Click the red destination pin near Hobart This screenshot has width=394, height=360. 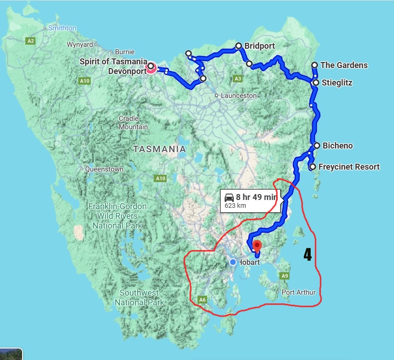[257, 245]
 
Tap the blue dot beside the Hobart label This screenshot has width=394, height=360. [233, 262]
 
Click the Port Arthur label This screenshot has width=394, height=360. [299, 292]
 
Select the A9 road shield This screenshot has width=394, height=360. [285, 275]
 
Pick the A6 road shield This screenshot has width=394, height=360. [202, 300]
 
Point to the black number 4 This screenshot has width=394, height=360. [307, 254]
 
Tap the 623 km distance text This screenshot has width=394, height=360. [235, 206]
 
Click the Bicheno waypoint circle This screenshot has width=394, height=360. [317, 146]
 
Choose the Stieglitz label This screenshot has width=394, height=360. [336, 83]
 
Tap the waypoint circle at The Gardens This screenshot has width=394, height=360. [314, 65]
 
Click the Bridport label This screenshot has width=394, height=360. [260, 46]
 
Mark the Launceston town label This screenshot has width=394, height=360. [238, 96]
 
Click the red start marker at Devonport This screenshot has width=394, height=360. [151, 68]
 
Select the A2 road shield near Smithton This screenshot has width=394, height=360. [30, 41]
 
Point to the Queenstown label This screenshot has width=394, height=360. [104, 169]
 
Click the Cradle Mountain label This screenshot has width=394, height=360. [133, 123]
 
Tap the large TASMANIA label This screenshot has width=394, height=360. [160, 149]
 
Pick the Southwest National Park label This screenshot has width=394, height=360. [139, 297]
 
